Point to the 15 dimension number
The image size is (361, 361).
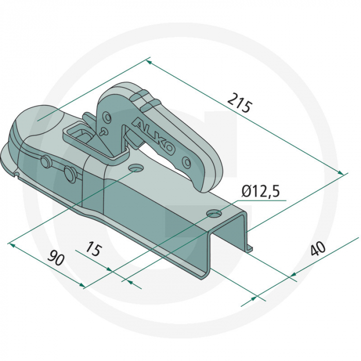click(94, 249)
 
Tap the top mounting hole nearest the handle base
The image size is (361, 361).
click(137, 169)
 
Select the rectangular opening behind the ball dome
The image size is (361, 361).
click(83, 136)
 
